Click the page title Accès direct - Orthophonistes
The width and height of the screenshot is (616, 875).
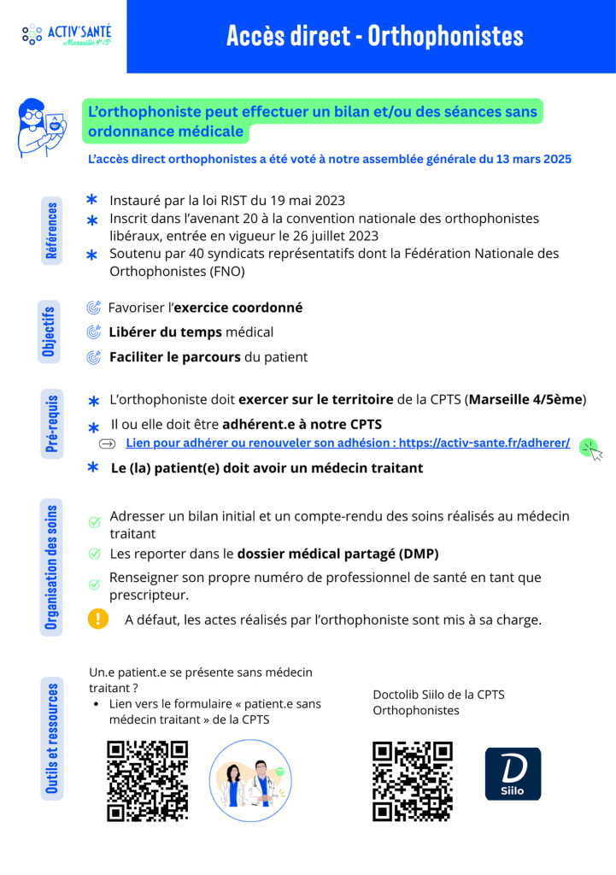tap(375, 36)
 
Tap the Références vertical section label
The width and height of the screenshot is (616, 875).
tap(52, 230)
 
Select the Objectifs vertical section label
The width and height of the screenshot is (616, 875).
tap(49, 332)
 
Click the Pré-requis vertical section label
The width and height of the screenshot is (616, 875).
tap(52, 422)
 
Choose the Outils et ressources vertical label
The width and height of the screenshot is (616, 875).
tap(52, 738)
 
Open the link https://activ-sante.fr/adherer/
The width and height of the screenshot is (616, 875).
tap(484, 443)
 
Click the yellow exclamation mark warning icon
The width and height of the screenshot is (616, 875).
tap(98, 619)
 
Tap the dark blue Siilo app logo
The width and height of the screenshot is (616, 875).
tap(513, 774)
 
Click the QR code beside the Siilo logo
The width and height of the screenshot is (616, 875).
tap(413, 781)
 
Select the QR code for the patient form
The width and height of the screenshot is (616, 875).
tap(147, 781)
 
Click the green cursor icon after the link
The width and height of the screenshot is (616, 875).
tap(590, 449)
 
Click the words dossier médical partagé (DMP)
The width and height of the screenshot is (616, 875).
tap(337, 554)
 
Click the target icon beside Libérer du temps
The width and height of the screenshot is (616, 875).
tap(94, 332)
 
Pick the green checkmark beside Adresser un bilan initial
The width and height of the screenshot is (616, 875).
tap(95, 522)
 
